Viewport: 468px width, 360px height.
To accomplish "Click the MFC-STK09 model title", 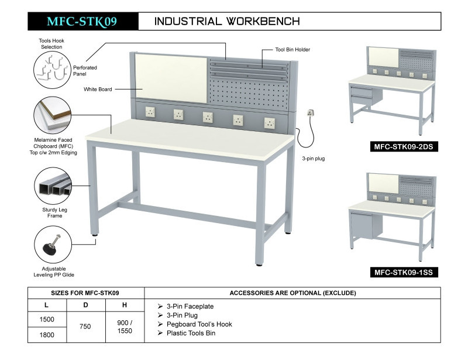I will (81, 22).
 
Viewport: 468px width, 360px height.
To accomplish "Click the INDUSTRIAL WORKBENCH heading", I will (227, 22).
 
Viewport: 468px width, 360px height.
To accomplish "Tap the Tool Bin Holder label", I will (292, 50).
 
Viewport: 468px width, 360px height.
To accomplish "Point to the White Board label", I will (97, 90).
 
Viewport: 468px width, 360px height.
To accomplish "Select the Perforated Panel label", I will (85, 71).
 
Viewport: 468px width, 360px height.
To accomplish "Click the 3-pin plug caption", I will (314, 159).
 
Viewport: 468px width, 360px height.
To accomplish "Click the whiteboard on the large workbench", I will (171, 77).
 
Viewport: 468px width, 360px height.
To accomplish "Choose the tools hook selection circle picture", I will (52, 67).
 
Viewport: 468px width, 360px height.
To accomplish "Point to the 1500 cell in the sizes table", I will (46, 320).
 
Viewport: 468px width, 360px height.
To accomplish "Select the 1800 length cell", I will (46, 335).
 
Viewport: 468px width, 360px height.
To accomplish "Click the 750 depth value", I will (85, 327).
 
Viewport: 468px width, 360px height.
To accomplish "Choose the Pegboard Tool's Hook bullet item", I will (199, 324).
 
